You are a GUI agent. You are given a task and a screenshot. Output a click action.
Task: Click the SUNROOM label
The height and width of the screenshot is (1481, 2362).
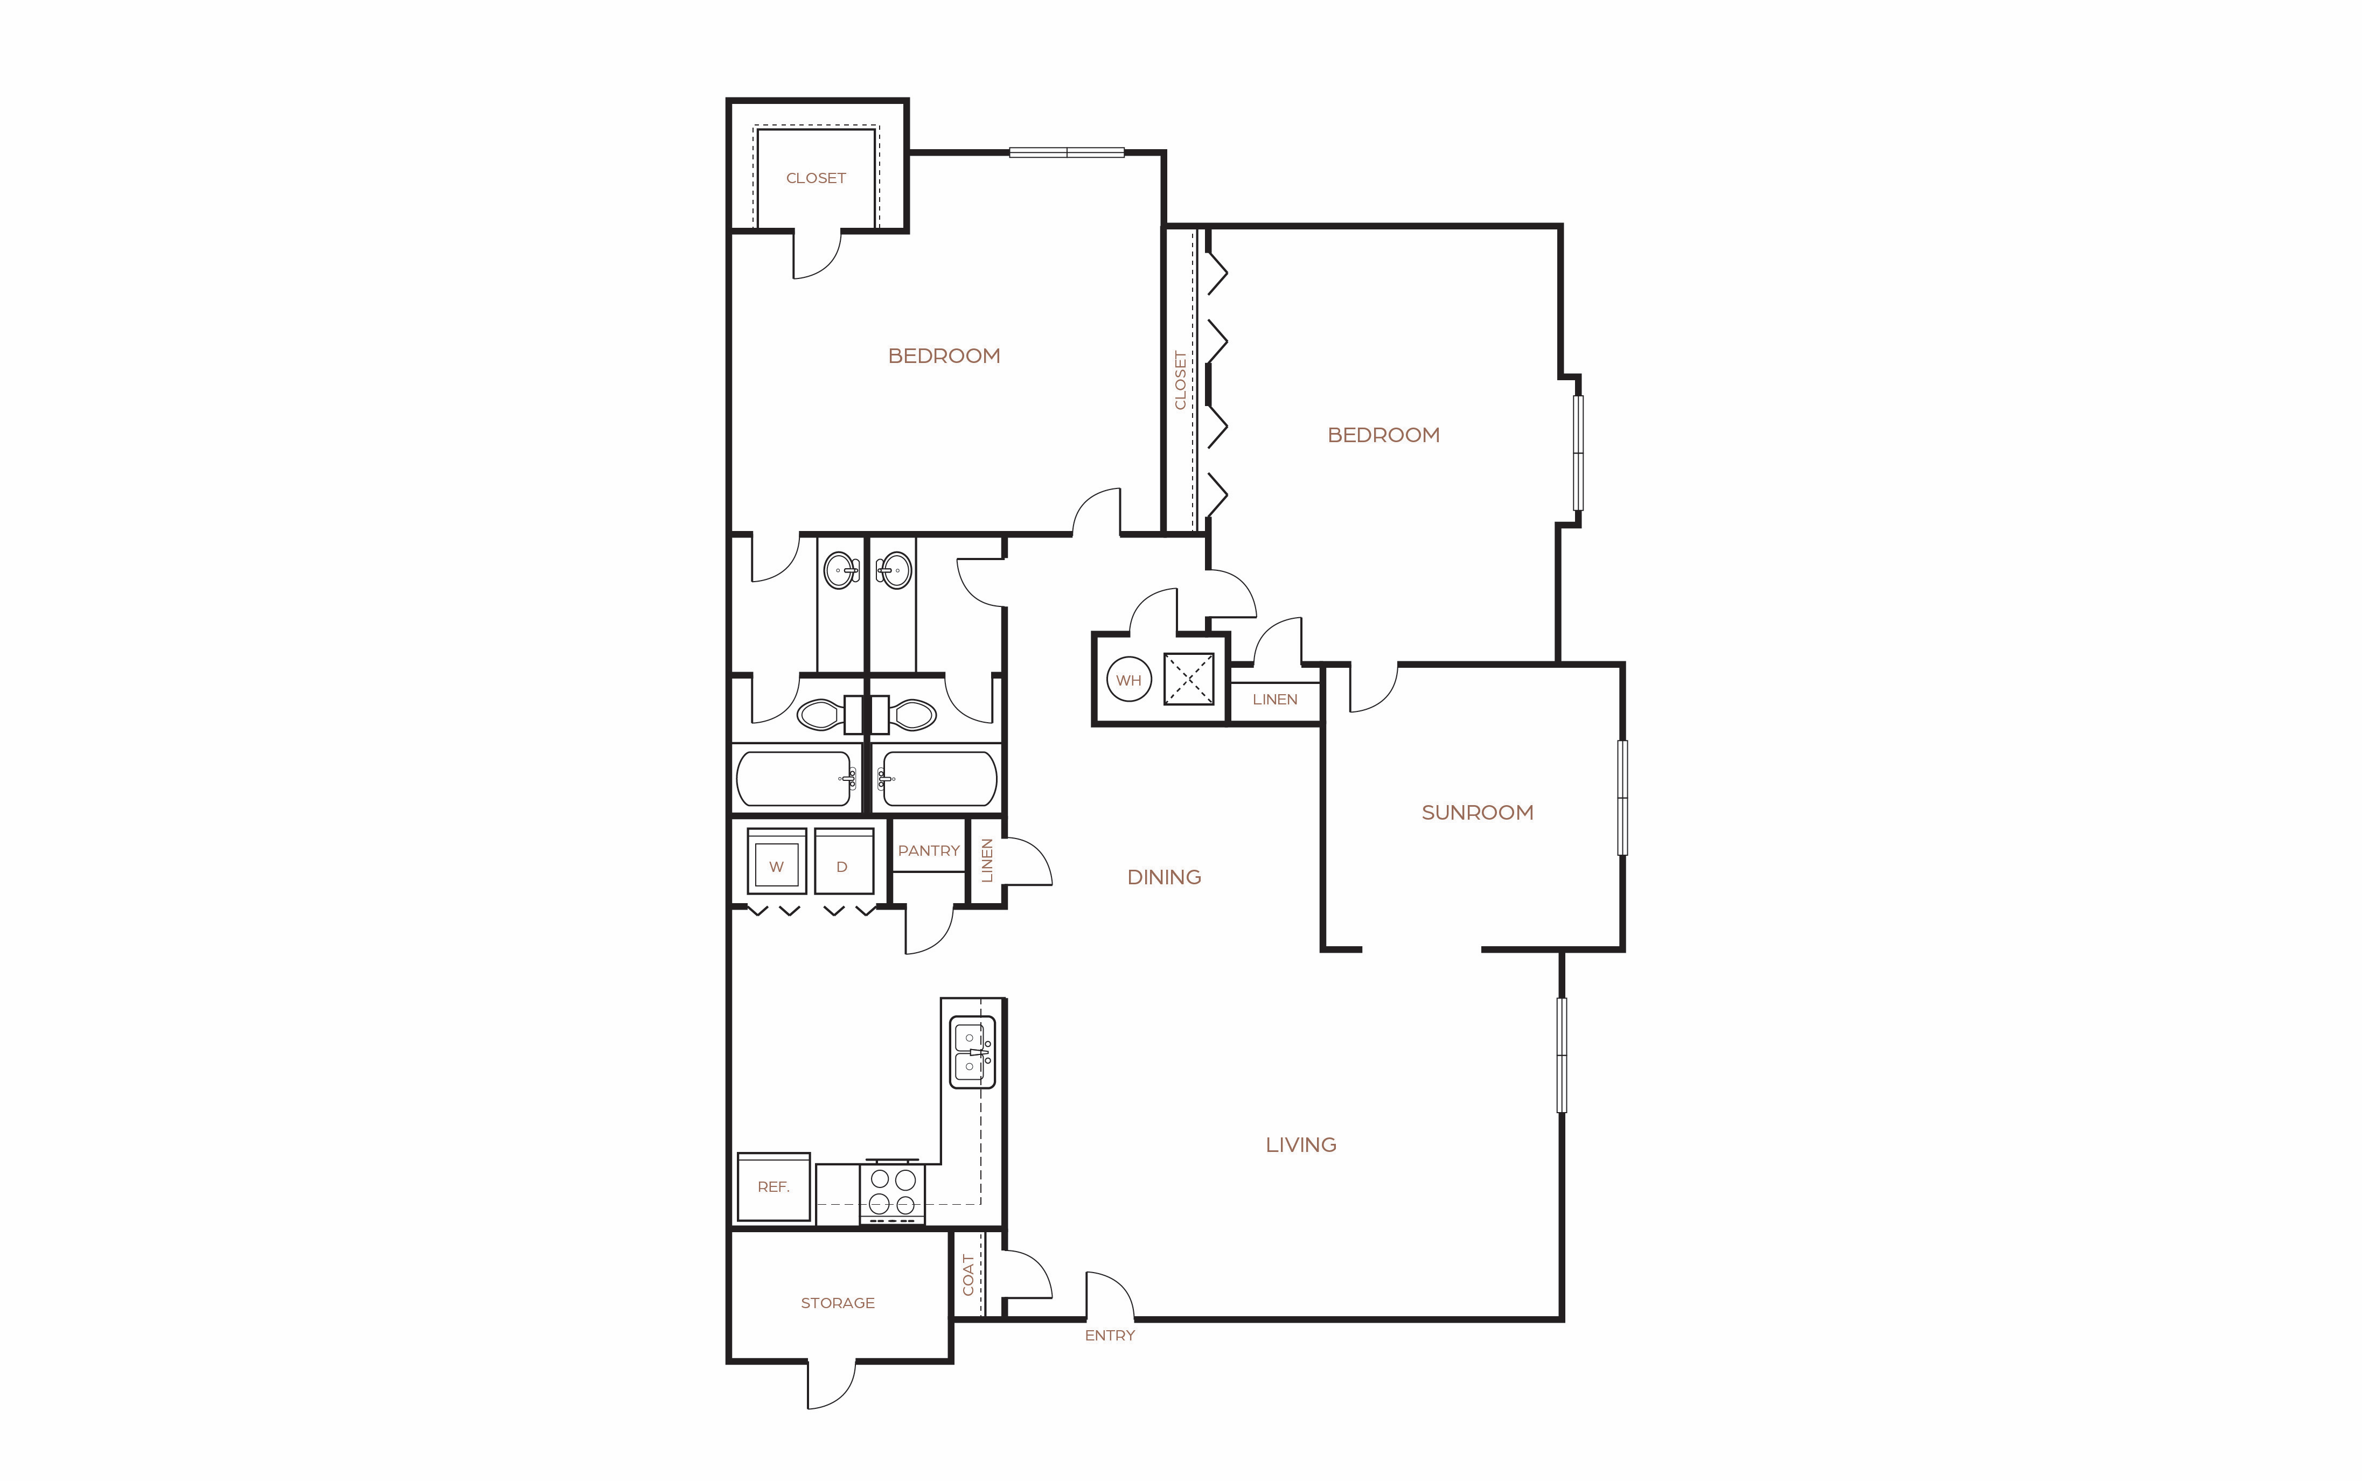pyautogui.click(x=1478, y=812)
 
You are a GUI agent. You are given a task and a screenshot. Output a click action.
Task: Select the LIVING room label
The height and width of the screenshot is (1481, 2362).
pyautogui.click(x=1301, y=1144)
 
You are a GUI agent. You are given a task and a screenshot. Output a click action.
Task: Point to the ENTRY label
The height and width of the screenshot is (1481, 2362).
pyautogui.click(x=1110, y=1335)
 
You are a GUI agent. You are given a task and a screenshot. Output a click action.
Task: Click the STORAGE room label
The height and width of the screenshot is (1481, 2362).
pyautogui.click(x=838, y=1303)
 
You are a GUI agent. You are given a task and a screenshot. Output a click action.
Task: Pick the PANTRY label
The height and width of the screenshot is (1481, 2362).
pyautogui.click(x=929, y=850)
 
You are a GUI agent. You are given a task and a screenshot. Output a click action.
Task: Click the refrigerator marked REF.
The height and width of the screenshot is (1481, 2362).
pyautogui.click(x=774, y=1186)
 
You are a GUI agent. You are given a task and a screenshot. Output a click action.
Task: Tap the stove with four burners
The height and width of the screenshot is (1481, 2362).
pyautogui.click(x=893, y=1192)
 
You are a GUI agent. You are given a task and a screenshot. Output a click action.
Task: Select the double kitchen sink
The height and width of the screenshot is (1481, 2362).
pyautogui.click(x=972, y=1052)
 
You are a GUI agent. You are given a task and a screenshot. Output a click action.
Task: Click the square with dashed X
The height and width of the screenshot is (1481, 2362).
pyautogui.click(x=1188, y=679)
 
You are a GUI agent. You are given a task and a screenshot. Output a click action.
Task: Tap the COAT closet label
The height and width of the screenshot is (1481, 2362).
pyautogui.click(x=968, y=1274)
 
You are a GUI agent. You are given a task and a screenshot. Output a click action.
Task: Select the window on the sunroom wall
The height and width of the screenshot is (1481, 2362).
pyautogui.click(x=1622, y=797)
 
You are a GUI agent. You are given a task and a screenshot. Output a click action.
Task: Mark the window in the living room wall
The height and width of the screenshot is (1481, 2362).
pyautogui.click(x=1562, y=1055)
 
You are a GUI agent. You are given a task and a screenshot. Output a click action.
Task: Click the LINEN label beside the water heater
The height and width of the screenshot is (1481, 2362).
pyautogui.click(x=1274, y=700)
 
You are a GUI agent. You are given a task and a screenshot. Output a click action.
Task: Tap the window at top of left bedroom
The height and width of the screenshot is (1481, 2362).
pyautogui.click(x=1067, y=152)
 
